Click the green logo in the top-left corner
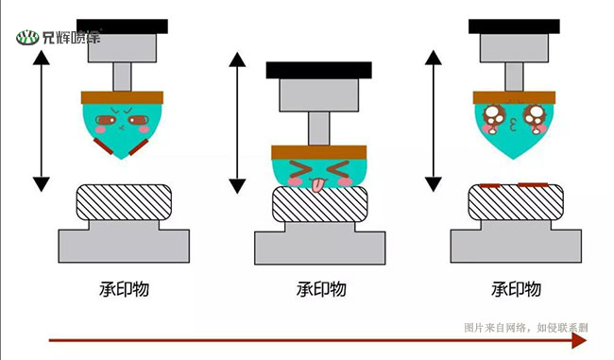click(x=59, y=38)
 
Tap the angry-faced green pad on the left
click(x=122, y=127)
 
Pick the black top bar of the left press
click(x=122, y=26)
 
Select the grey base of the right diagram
click(x=515, y=244)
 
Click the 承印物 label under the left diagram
click(x=122, y=288)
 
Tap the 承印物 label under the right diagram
click(x=516, y=288)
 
